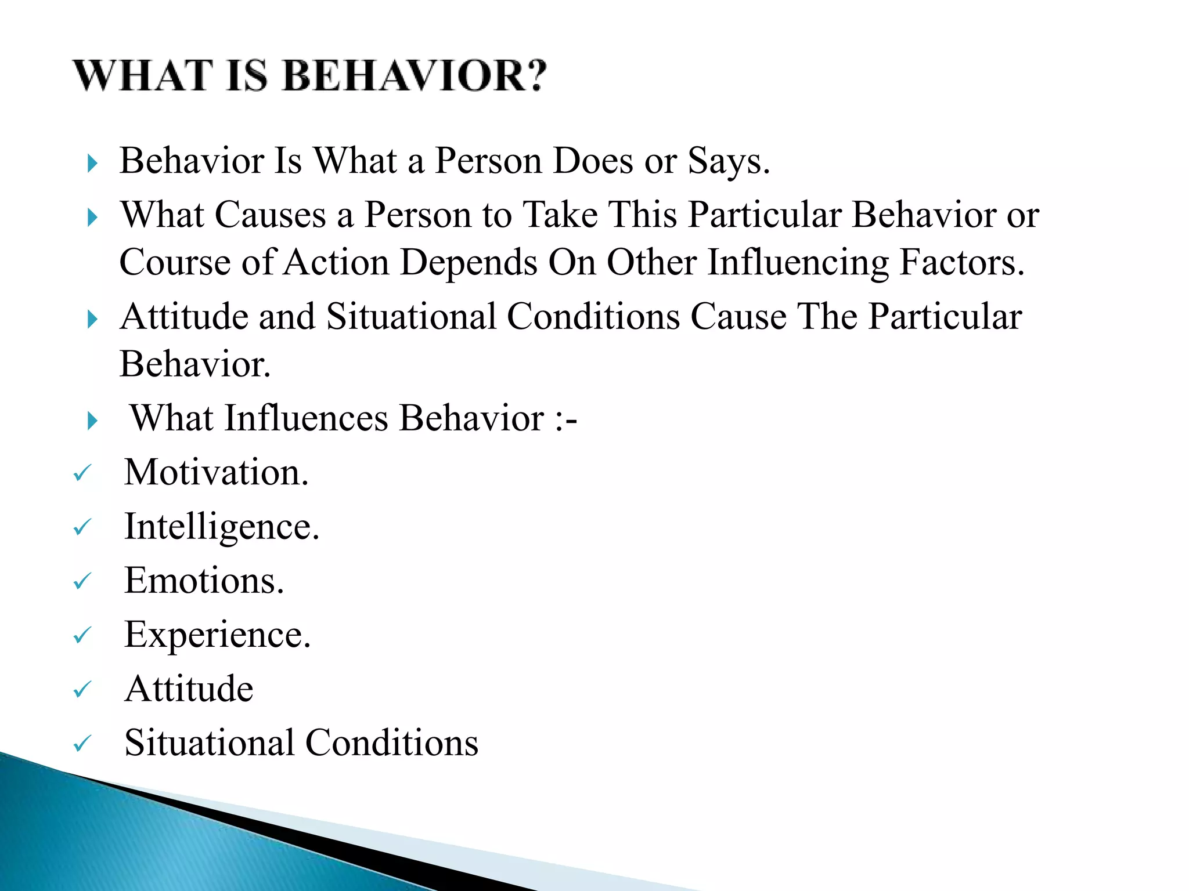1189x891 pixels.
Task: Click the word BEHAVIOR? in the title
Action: (415, 76)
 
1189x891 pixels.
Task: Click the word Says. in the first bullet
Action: (729, 161)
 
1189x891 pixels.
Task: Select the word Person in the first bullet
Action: (488, 161)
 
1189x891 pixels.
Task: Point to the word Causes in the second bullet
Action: (271, 215)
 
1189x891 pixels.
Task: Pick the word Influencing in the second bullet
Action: (798, 262)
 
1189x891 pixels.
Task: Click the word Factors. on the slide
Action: (961, 262)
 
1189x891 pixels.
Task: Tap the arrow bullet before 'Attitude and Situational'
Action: (92, 319)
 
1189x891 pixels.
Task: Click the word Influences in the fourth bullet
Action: (307, 418)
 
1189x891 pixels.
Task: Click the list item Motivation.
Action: (217, 472)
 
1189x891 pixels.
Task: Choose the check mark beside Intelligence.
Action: (82, 527)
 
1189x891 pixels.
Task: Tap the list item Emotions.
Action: (204, 581)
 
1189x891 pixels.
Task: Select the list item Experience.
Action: (218, 635)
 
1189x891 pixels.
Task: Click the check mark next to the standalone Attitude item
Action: (82, 690)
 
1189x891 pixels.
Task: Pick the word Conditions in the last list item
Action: (391, 742)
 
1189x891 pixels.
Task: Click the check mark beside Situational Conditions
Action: (82, 743)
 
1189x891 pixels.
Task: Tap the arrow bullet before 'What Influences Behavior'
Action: (92, 421)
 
